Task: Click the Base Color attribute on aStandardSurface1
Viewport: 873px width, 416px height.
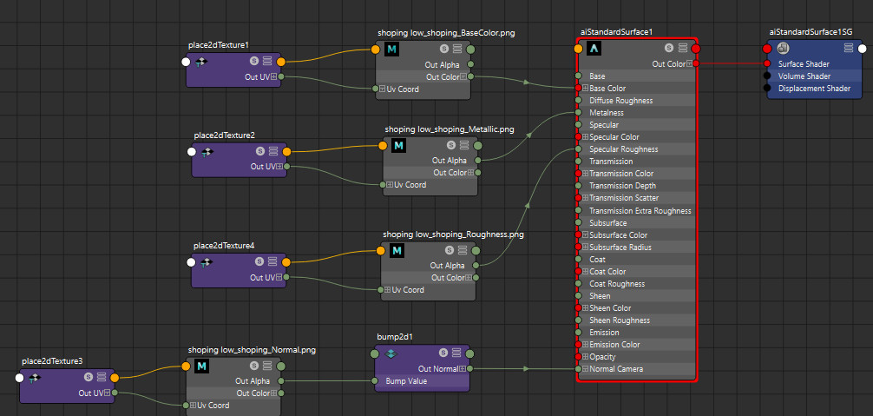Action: (x=607, y=88)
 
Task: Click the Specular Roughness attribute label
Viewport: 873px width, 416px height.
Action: (x=624, y=149)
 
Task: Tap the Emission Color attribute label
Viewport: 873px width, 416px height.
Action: (x=614, y=344)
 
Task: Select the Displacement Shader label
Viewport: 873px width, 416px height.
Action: (x=815, y=88)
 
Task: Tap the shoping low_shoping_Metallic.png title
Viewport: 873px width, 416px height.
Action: (x=450, y=129)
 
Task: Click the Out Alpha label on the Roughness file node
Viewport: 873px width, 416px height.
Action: (x=447, y=266)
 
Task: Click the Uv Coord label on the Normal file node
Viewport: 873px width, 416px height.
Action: (x=213, y=406)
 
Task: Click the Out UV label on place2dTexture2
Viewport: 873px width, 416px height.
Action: (x=263, y=166)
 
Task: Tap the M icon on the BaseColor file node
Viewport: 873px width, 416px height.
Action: (x=391, y=49)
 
